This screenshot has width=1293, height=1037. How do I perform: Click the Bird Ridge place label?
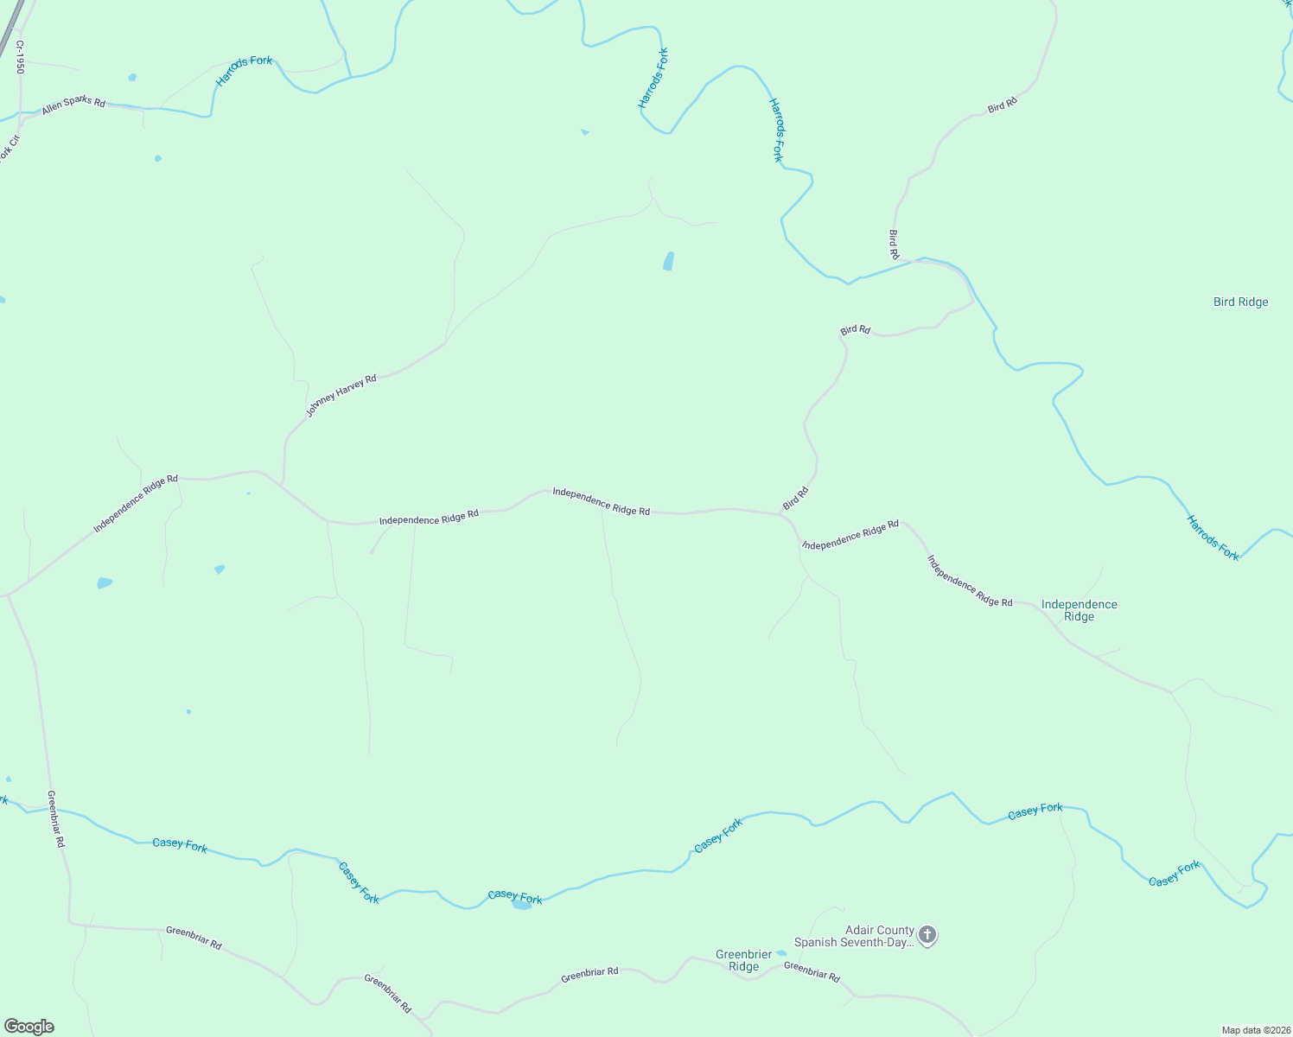click(1240, 302)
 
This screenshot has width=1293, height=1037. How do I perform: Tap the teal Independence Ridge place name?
click(1079, 610)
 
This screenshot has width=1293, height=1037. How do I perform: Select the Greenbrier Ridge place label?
click(743, 960)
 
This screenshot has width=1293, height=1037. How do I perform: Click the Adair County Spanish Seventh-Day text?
click(853, 937)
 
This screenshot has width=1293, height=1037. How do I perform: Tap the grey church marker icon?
click(927, 934)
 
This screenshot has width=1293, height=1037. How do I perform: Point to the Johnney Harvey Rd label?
click(341, 396)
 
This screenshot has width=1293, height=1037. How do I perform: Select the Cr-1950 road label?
click(19, 56)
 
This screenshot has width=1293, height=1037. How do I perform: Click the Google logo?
click(29, 1027)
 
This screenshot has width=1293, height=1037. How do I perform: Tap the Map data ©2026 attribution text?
click(1255, 1030)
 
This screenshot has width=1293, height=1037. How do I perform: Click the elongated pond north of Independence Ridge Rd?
click(668, 261)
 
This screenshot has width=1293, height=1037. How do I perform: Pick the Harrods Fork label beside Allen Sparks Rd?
click(244, 71)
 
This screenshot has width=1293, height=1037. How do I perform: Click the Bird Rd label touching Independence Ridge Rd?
click(795, 498)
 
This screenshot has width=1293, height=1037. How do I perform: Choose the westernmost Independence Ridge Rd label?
click(136, 503)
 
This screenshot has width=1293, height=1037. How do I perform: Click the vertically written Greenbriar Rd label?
click(55, 818)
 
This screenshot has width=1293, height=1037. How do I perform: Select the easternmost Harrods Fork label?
click(1213, 538)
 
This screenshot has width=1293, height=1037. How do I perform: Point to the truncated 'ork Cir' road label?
click(9, 150)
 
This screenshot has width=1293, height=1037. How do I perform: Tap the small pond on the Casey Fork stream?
click(521, 906)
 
